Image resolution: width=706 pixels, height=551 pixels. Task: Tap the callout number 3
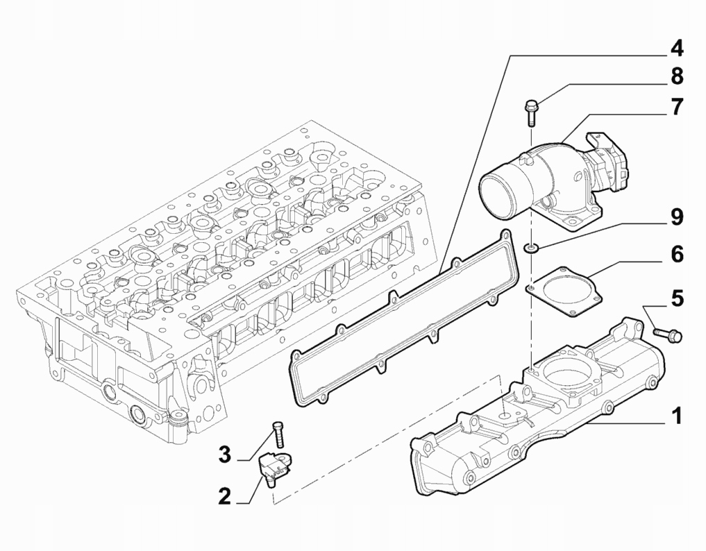(x=224, y=455)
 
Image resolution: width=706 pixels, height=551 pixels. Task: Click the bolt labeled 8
(x=531, y=112)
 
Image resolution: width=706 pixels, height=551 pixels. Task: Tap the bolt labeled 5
(x=668, y=335)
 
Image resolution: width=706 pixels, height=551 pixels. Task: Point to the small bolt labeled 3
(x=278, y=434)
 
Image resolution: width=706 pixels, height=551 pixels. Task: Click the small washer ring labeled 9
(x=531, y=247)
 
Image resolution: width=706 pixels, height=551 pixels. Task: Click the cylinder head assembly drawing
(x=222, y=278)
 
